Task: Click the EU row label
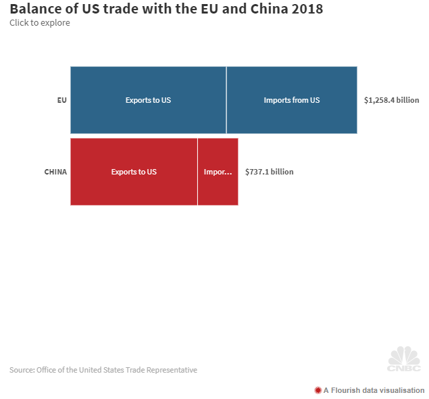[x=61, y=100]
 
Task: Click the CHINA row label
[x=55, y=172]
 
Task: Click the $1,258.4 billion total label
[x=391, y=100]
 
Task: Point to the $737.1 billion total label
[x=269, y=172]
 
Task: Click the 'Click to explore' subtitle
[x=39, y=23]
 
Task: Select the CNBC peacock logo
[x=404, y=358]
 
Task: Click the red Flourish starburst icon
[x=318, y=390]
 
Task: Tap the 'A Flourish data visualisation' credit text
[x=374, y=390]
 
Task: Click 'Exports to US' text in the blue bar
[x=148, y=100]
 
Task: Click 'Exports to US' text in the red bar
[x=134, y=172]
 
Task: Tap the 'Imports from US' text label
[x=291, y=100]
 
